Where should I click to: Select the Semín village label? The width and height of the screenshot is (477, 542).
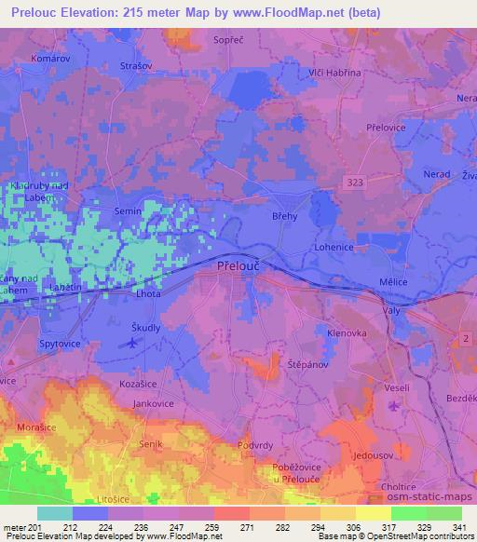click(x=128, y=211)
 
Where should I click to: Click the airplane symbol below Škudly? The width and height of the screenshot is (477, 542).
click(x=132, y=343)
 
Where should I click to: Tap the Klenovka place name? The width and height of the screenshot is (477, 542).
click(x=348, y=332)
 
